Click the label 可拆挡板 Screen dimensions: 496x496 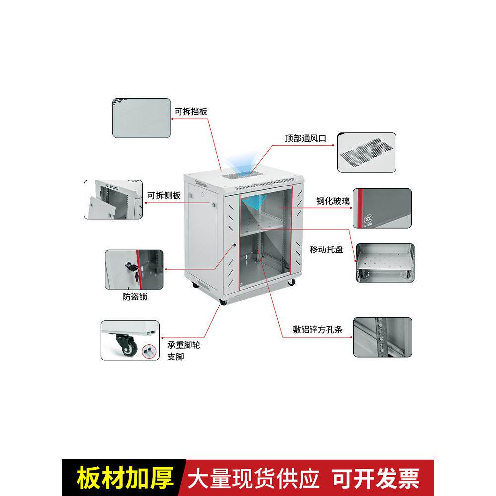coord(190,111)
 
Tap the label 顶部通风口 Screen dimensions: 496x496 coord(306,139)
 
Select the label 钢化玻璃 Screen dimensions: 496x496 coord(333,201)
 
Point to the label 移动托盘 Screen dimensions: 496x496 coord(326,249)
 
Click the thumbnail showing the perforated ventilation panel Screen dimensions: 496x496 coord(367,152)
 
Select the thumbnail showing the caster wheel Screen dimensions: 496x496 coord(130,340)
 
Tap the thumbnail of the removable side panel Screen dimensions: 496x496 coord(113,200)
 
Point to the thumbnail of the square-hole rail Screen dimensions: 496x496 coord(382,337)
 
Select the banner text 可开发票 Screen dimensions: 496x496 coord(375,478)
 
